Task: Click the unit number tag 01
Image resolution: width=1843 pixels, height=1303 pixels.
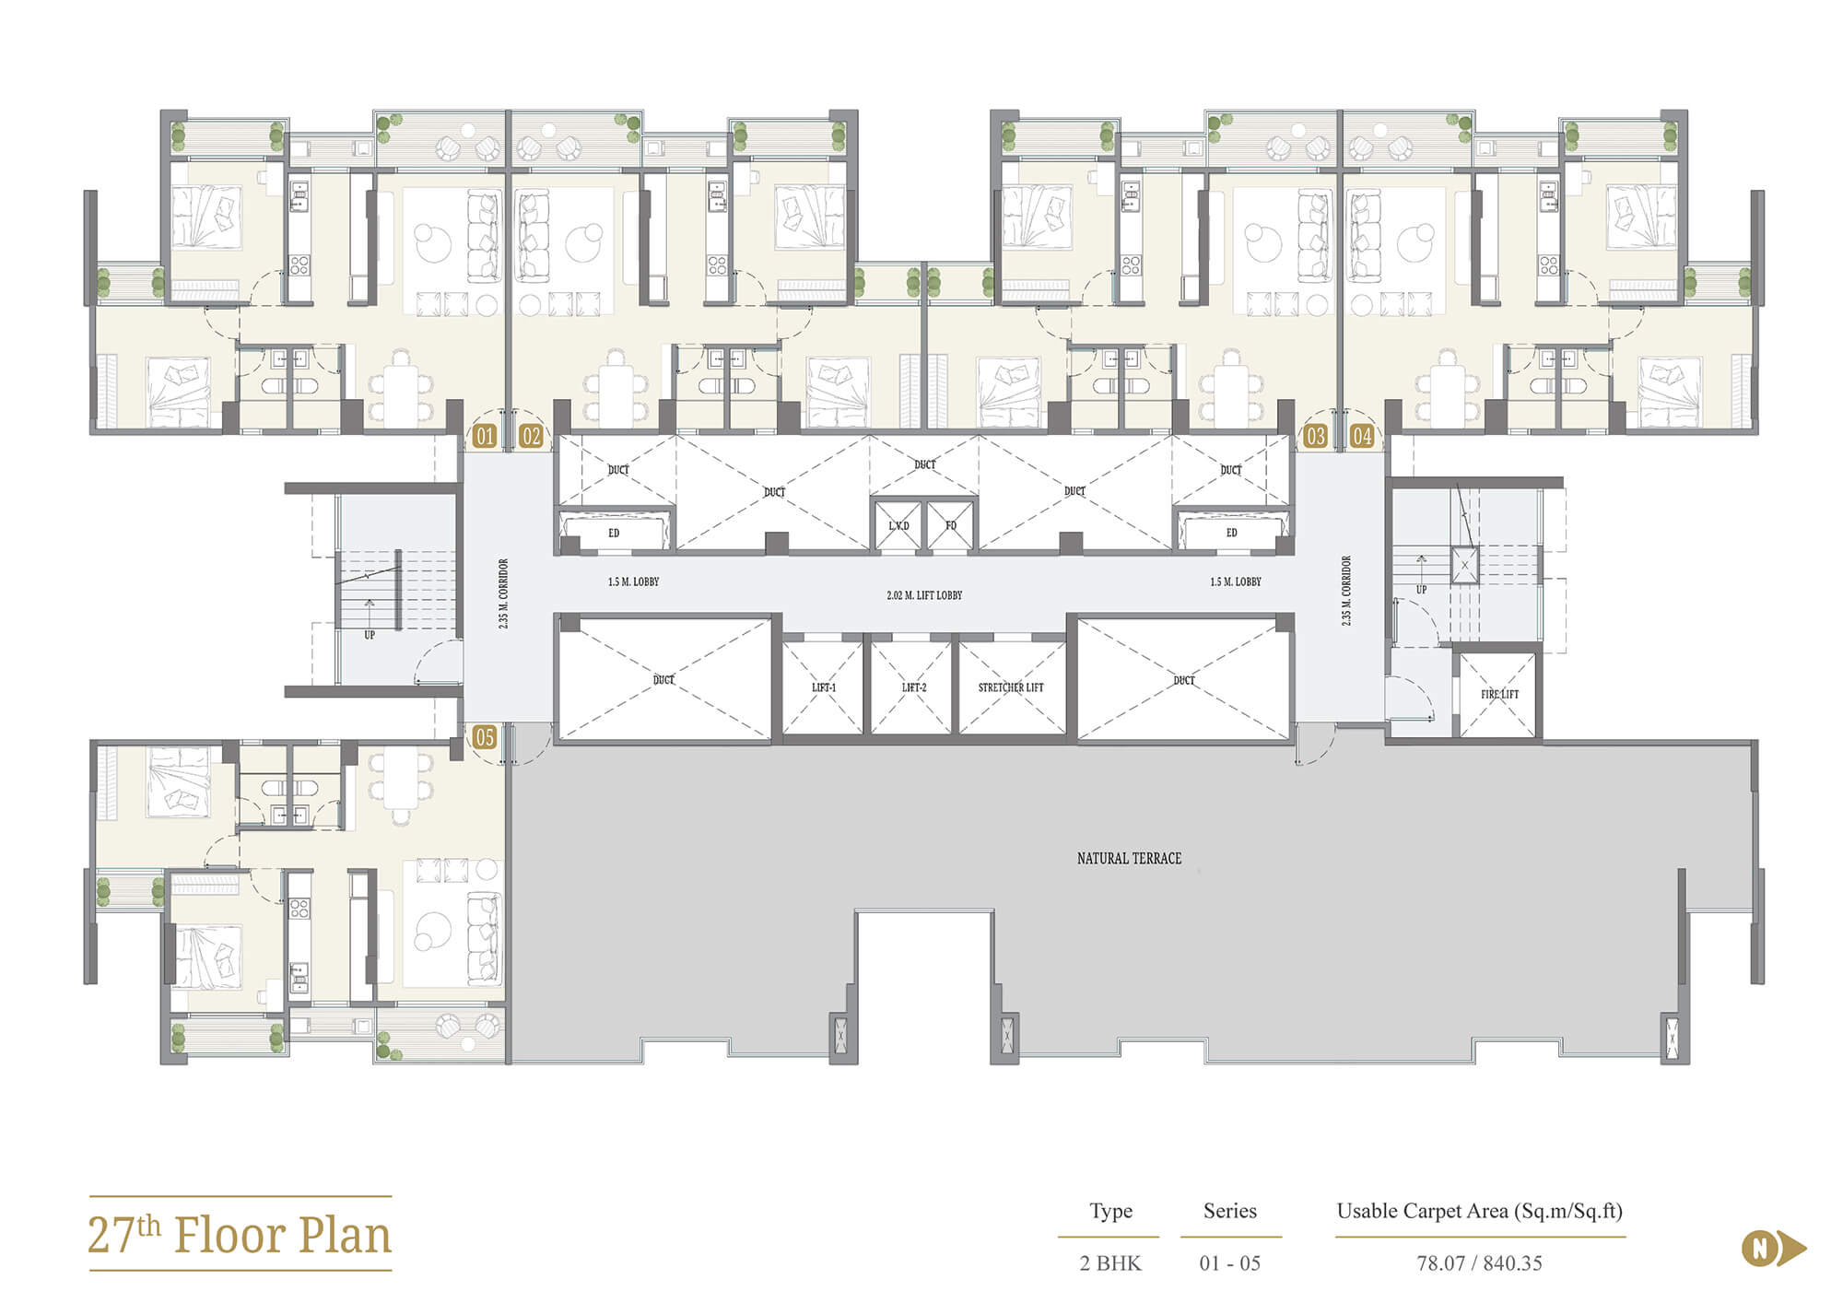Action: [485, 436]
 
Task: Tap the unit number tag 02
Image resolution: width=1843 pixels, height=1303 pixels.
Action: [531, 436]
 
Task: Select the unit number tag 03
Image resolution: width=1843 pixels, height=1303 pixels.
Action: [1315, 436]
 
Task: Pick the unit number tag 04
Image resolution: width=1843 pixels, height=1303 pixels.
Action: [1362, 436]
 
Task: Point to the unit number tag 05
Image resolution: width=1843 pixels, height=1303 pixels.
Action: [485, 737]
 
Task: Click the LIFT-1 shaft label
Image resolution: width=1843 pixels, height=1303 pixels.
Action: [824, 687]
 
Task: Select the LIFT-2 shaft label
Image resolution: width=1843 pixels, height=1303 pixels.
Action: [914, 687]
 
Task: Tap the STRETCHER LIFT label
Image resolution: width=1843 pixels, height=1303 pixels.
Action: [1011, 687]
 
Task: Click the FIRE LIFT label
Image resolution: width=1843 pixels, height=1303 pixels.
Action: [1499, 694]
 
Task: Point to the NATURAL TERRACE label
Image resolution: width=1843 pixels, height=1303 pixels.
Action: [1129, 858]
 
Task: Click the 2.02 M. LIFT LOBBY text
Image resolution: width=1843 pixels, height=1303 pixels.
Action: [924, 595]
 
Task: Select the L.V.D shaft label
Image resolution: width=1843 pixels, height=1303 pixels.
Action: [898, 526]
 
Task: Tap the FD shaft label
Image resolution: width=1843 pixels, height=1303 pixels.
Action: [951, 526]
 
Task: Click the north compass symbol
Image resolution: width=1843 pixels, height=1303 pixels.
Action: [1773, 1249]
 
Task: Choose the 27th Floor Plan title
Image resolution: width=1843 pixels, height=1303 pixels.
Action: [240, 1235]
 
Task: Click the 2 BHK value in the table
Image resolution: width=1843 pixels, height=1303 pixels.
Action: [1110, 1263]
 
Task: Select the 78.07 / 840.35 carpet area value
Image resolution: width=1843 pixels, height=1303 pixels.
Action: [1479, 1263]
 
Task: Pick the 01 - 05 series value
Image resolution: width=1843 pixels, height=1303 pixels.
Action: [1229, 1263]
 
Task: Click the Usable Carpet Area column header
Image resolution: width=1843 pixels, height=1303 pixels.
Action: [1479, 1211]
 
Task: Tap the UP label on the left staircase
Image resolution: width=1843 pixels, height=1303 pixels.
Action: [370, 635]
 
